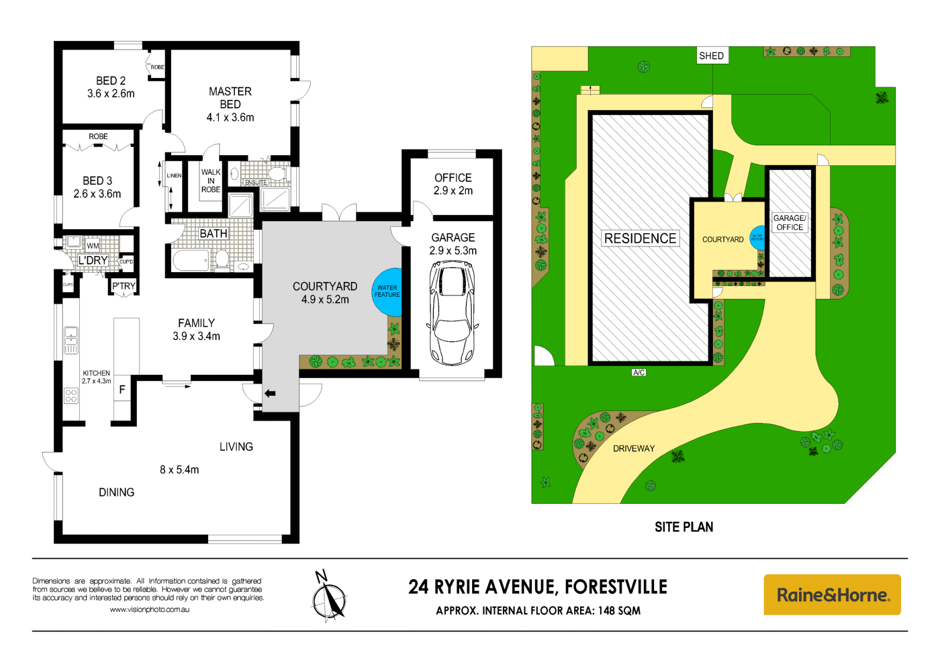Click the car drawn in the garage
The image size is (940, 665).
point(453,314)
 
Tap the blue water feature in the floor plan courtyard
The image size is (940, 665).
point(388,292)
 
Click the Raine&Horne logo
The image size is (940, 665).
point(832,594)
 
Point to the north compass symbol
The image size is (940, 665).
point(329,596)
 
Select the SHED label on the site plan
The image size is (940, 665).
point(711,56)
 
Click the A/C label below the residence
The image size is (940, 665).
point(639,372)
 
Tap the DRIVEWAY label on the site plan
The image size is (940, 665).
point(633,449)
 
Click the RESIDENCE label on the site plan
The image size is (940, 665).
point(640,238)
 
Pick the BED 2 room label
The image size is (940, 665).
point(111,87)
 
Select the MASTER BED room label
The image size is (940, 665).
point(230,104)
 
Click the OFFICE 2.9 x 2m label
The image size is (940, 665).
point(453,184)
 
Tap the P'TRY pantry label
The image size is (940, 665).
point(124,286)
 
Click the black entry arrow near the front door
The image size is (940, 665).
point(270,394)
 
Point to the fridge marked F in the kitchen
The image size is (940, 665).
point(122,390)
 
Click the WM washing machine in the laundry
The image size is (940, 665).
point(93,246)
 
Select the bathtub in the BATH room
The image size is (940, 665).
point(191,260)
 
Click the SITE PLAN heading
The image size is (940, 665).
point(684,527)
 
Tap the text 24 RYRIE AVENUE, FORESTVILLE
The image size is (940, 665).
point(538,587)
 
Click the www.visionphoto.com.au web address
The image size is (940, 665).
point(149,610)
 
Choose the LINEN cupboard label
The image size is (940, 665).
point(174,176)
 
